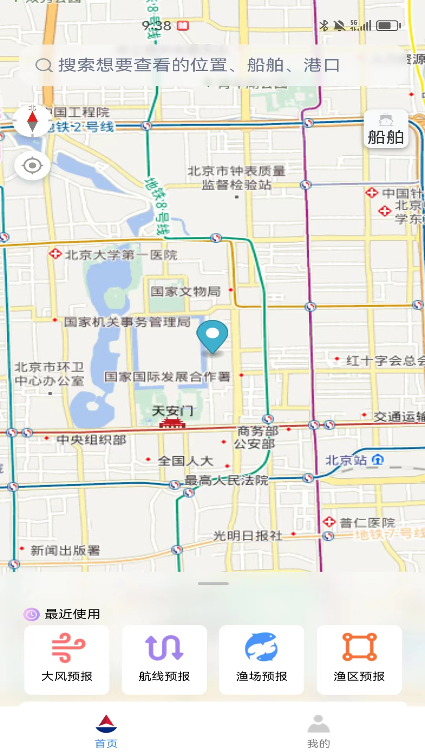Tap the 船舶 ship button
click(x=386, y=129)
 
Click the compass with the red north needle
click(x=32, y=121)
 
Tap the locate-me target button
click(x=32, y=166)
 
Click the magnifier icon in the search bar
click(x=44, y=65)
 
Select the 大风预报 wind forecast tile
click(x=67, y=659)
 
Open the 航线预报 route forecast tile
click(x=164, y=659)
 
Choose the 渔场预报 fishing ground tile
click(x=262, y=659)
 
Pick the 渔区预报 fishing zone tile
click(x=359, y=659)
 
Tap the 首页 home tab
click(x=106, y=731)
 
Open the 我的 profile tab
click(x=319, y=731)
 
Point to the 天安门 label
click(x=173, y=411)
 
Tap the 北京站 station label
click(x=346, y=460)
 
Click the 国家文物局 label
click(x=186, y=291)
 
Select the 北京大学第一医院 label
click(x=121, y=255)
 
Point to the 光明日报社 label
click(x=248, y=536)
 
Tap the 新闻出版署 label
click(x=65, y=551)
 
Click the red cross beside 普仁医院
click(x=329, y=522)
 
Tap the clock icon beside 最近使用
click(x=31, y=614)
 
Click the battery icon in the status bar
click(x=388, y=26)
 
